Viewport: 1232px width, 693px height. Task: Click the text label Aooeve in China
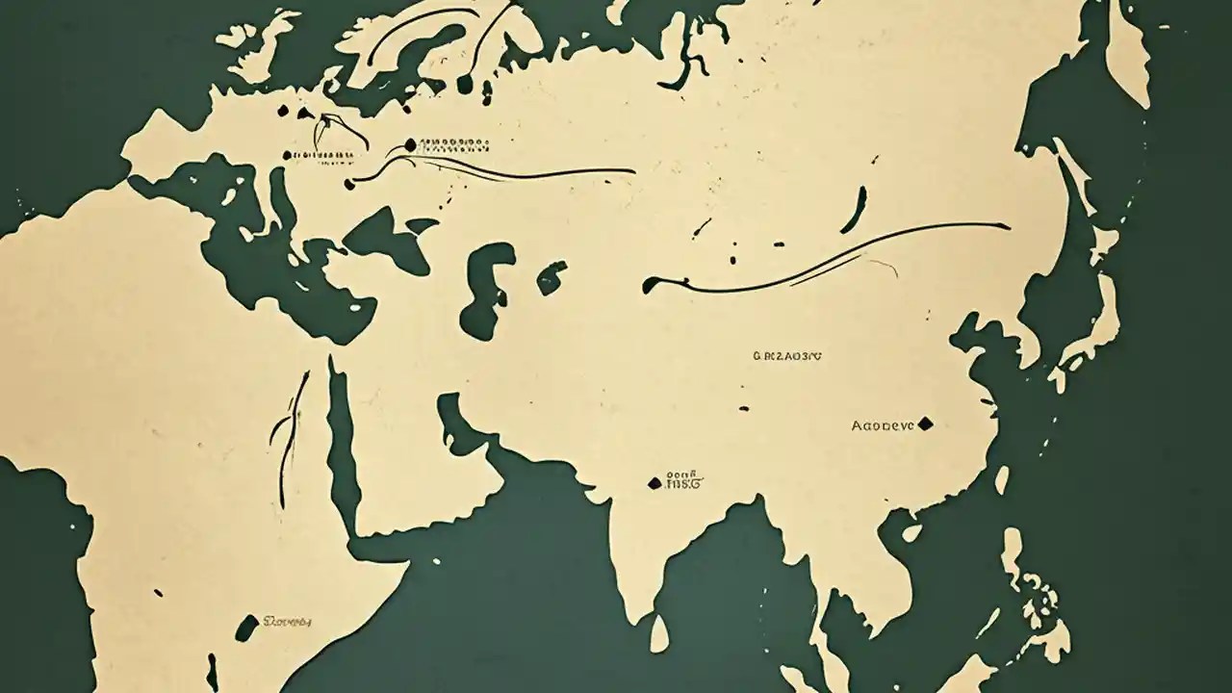click(x=883, y=423)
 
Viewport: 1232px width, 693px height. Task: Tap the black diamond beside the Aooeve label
click(x=926, y=423)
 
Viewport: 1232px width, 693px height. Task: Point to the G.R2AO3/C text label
click(x=786, y=355)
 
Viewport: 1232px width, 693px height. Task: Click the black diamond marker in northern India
click(x=655, y=482)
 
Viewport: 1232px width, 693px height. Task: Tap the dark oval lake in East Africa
click(x=247, y=627)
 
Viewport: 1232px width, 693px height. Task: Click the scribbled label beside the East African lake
click(x=288, y=622)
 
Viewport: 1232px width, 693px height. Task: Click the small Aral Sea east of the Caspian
click(x=552, y=276)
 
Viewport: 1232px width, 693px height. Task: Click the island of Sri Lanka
click(x=658, y=634)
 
